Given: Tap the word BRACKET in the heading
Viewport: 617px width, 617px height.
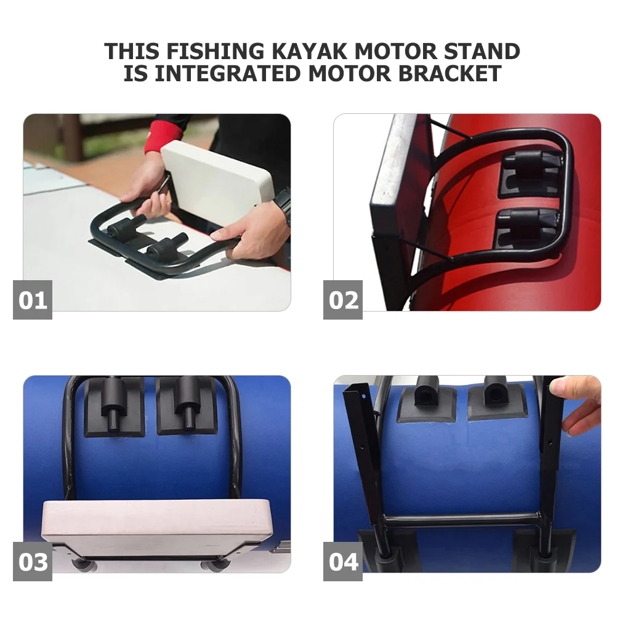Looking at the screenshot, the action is pyautogui.click(x=450, y=73).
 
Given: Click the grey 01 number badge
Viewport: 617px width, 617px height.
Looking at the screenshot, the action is pyautogui.click(x=33, y=300).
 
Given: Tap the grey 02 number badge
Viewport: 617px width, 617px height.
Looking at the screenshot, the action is pyautogui.click(x=343, y=300).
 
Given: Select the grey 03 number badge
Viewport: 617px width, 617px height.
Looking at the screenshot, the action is pyautogui.click(x=33, y=562).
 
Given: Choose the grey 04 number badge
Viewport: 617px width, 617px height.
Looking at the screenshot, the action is pyautogui.click(x=343, y=562).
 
